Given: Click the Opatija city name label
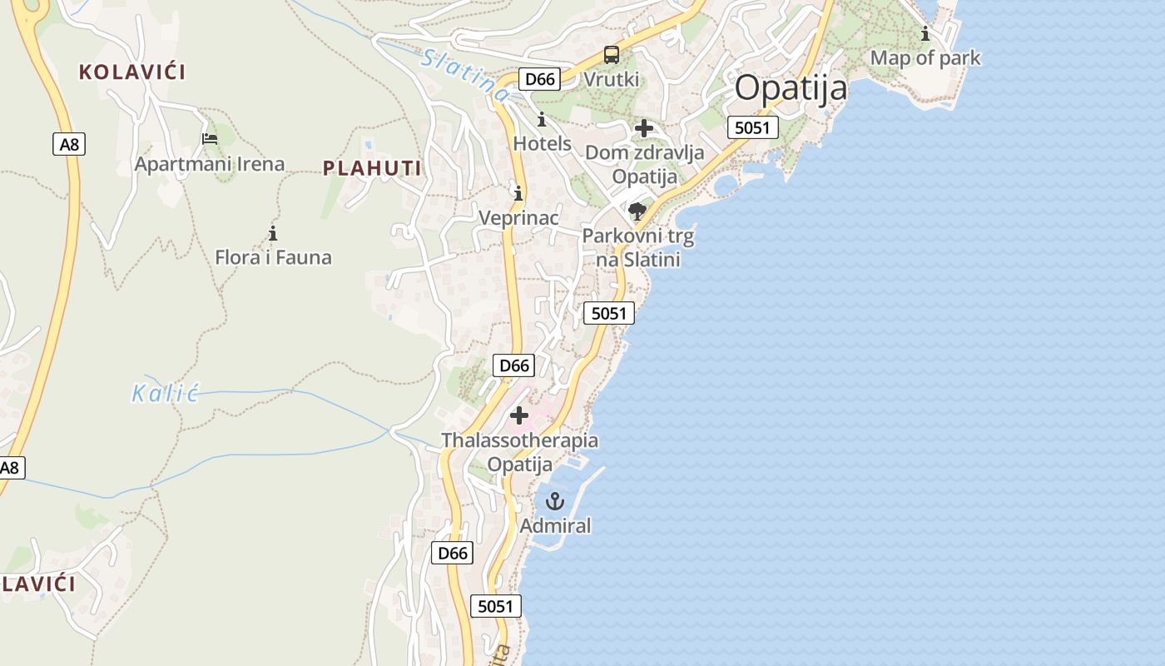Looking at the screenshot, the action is [791, 87].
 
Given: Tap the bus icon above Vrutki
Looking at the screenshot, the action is [612, 56].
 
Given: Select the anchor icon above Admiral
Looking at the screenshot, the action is [554, 501].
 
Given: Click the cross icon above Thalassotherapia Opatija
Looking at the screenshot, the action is [519, 415].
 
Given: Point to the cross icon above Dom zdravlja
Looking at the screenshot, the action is [643, 128].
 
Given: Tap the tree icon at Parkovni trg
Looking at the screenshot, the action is [637, 211].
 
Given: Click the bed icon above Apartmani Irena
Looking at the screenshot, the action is [210, 139].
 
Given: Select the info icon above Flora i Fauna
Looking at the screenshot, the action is [272, 233].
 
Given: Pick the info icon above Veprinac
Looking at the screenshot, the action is [518, 194].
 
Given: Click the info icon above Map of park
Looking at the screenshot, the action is [925, 34].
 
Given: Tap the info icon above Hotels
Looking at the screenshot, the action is [542, 120].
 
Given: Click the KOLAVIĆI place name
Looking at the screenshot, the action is [132, 72].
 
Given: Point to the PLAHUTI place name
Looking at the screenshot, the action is [372, 168].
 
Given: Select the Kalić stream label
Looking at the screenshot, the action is [166, 393].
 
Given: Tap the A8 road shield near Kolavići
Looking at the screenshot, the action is [69, 144].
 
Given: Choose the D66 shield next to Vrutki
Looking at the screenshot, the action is [539, 79].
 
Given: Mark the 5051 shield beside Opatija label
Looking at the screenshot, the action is [752, 127].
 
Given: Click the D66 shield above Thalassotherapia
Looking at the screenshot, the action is [513, 365].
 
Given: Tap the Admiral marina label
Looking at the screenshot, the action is [555, 526].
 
